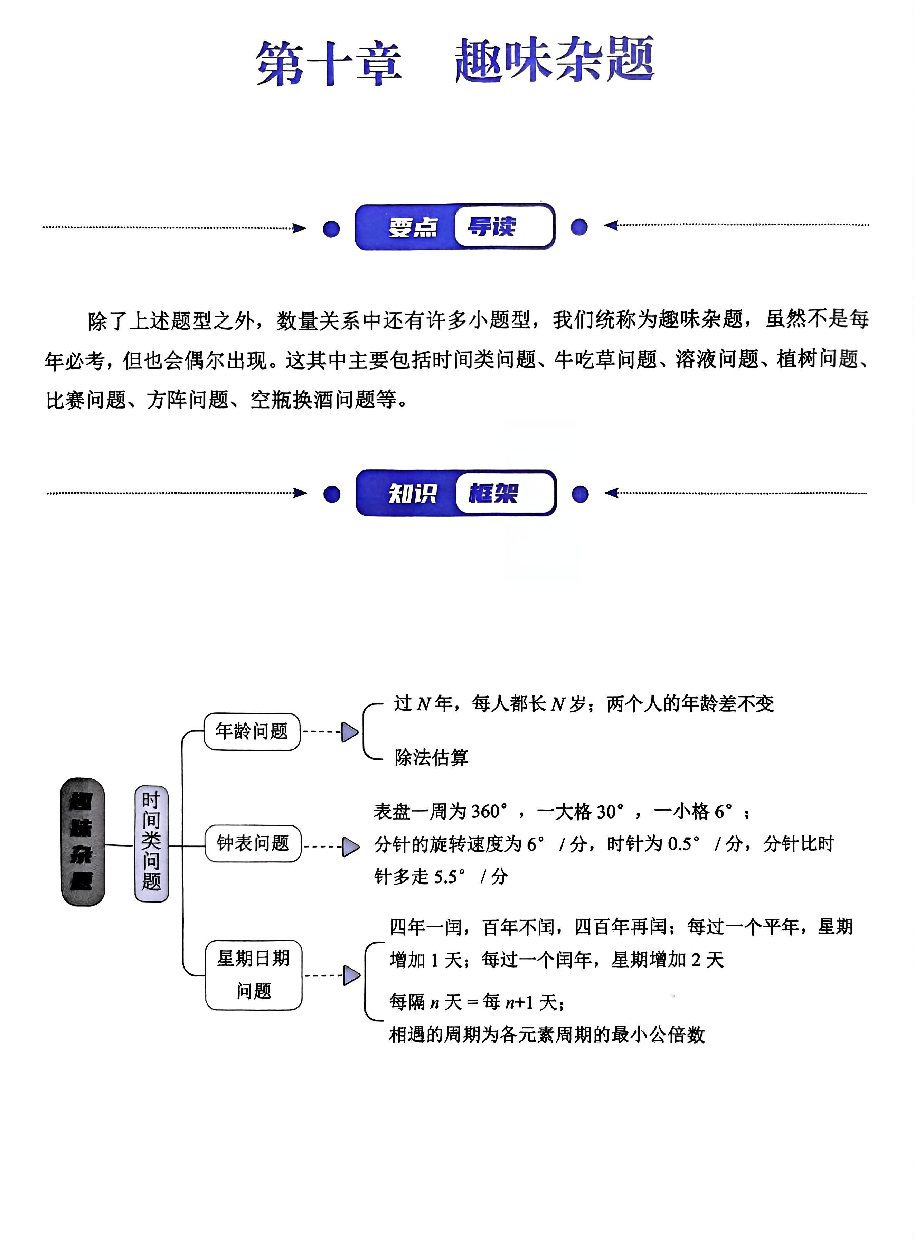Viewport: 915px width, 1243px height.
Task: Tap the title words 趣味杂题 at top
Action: click(555, 60)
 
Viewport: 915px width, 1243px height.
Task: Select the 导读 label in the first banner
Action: click(492, 226)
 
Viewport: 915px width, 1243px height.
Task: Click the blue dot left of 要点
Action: click(331, 229)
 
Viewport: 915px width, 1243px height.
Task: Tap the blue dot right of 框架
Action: click(580, 494)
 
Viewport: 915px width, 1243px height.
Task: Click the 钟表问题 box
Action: click(253, 844)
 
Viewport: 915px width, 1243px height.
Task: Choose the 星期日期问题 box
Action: click(254, 975)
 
